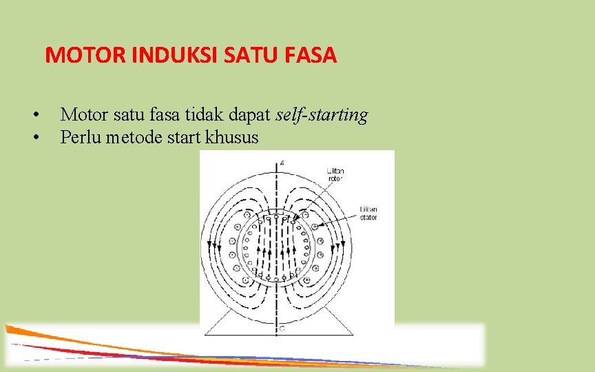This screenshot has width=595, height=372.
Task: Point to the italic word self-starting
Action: [322, 115]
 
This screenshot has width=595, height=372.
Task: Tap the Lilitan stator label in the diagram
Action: [368, 213]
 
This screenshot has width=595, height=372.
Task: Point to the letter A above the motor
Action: [282, 163]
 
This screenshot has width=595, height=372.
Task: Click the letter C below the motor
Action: [282, 329]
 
